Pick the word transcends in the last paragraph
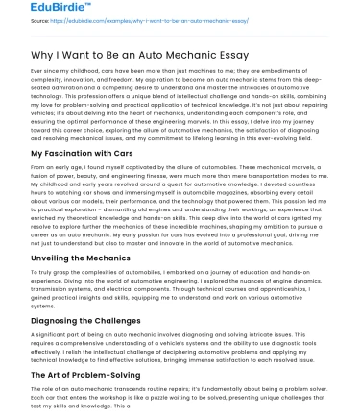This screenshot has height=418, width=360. pos(132,387)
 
